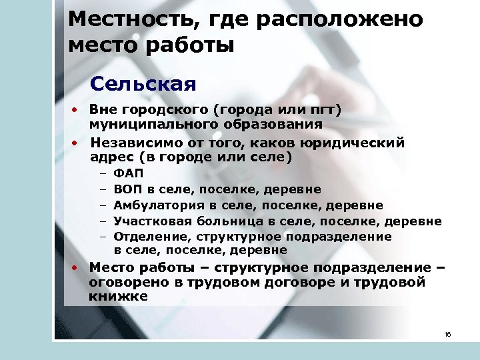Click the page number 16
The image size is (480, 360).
click(447, 334)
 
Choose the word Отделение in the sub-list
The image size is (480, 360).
click(146, 236)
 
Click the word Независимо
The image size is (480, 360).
click(130, 142)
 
